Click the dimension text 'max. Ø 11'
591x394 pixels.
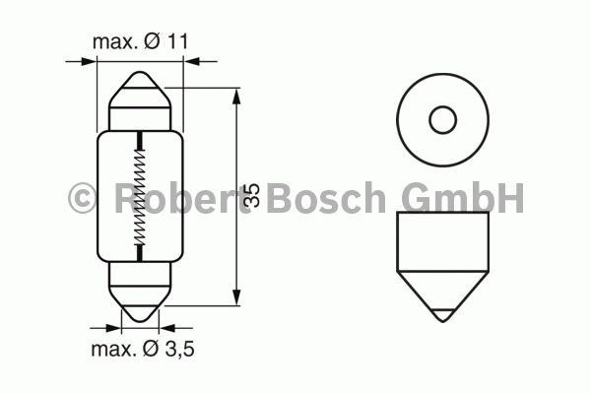[140, 41]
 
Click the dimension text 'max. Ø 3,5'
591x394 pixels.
[143, 349]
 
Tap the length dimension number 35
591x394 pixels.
[252, 195]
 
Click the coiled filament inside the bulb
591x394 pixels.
[140, 196]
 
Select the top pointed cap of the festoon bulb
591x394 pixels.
[140, 90]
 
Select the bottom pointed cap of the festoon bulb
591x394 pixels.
[140, 304]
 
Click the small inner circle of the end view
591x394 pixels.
[443, 120]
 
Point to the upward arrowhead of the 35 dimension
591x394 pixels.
[236, 98]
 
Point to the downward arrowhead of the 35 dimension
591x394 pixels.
[236, 296]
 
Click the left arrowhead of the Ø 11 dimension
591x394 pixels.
[88, 61]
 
